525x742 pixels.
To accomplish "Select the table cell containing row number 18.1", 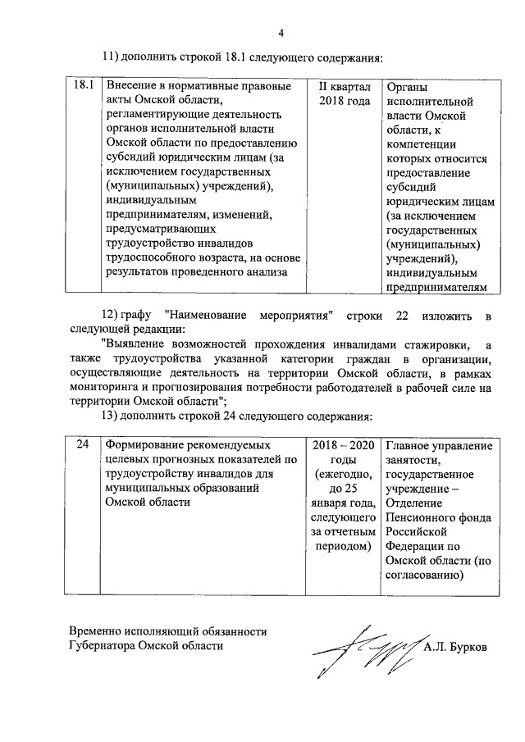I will pyautogui.click(x=82, y=86).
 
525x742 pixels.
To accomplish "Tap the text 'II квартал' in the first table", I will pyautogui.click(x=345, y=86).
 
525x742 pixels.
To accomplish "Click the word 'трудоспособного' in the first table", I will pyautogui.click(x=148, y=257).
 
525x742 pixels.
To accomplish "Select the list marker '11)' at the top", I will pyautogui.click(x=111, y=58).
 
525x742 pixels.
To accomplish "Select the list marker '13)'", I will pyautogui.click(x=111, y=415).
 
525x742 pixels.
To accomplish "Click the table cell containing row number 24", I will pyautogui.click(x=82, y=445).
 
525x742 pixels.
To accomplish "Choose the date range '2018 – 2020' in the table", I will pyautogui.click(x=345, y=445).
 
